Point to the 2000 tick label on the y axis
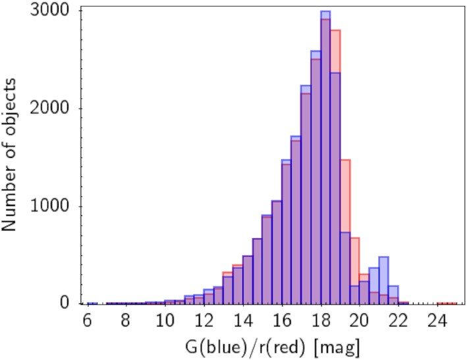pos(55,109)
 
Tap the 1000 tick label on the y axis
pos(55,207)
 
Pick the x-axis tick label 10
pos(165,322)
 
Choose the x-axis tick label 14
pos(242,322)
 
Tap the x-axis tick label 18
pos(320,322)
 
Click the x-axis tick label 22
pos(398,322)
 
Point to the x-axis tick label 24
pos(437,322)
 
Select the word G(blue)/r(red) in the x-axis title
pos(234,346)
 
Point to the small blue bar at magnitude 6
pos(92,303)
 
